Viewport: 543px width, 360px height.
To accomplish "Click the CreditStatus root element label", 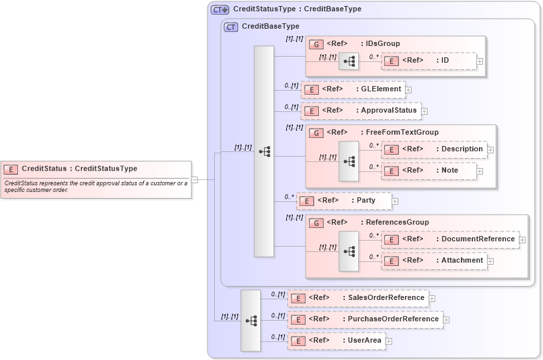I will (79, 169).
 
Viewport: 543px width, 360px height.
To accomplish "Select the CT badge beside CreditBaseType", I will (231, 27).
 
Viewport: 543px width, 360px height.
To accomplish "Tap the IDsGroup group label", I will (380, 44).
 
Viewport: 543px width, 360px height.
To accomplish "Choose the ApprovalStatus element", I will (360, 111).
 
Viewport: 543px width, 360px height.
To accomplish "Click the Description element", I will (433, 149).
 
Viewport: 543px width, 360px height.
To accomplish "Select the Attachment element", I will (433, 261).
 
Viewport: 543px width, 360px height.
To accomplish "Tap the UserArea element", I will (336, 341).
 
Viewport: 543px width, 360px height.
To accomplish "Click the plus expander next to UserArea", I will (389, 341).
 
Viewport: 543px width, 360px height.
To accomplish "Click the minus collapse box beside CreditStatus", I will (194, 179).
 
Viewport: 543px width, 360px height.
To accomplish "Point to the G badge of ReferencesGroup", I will (318, 223).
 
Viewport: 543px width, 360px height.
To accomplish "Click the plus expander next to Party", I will (395, 201).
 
